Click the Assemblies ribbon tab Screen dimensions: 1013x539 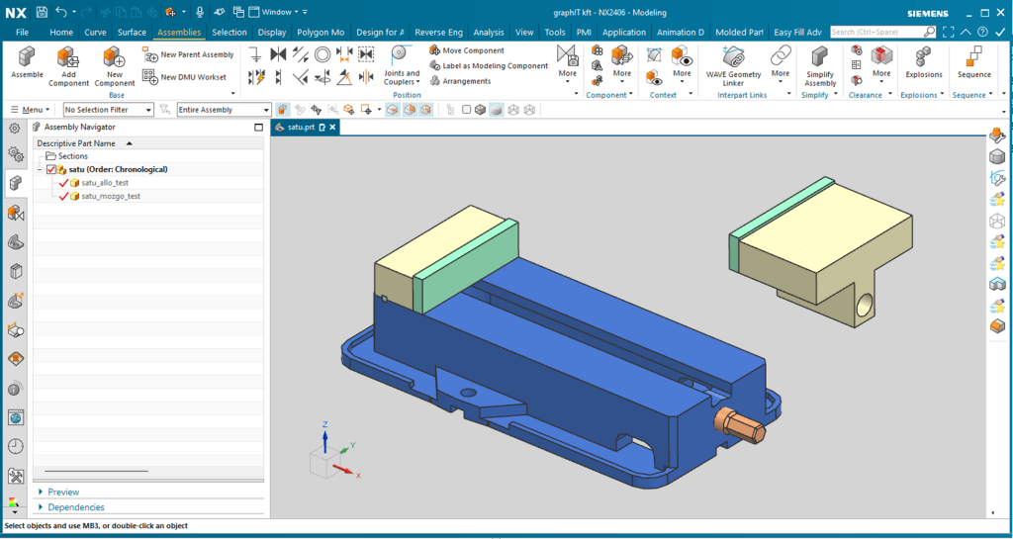(179, 33)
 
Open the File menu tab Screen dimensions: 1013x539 (22, 33)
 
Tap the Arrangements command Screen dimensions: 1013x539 (461, 81)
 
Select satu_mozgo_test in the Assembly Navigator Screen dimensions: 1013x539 (111, 196)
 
